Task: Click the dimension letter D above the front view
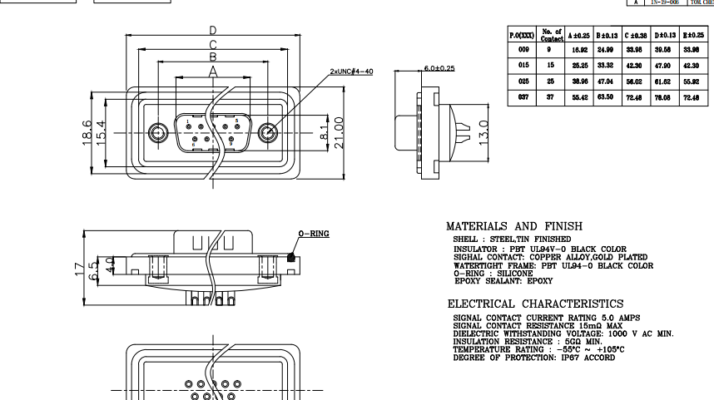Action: tap(214, 30)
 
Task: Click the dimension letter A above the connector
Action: tap(214, 72)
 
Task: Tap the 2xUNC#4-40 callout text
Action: tap(351, 72)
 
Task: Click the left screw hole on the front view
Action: tap(158, 134)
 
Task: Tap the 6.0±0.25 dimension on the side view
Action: tap(439, 68)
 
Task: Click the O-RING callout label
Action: tap(314, 234)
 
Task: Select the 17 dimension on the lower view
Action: tap(79, 268)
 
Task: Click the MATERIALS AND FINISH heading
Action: tap(514, 226)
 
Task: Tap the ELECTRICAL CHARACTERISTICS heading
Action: tap(535, 304)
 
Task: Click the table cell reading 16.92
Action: tap(579, 50)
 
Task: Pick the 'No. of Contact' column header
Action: tap(552, 35)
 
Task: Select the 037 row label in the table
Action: tap(523, 98)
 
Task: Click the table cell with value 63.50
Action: tap(607, 98)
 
